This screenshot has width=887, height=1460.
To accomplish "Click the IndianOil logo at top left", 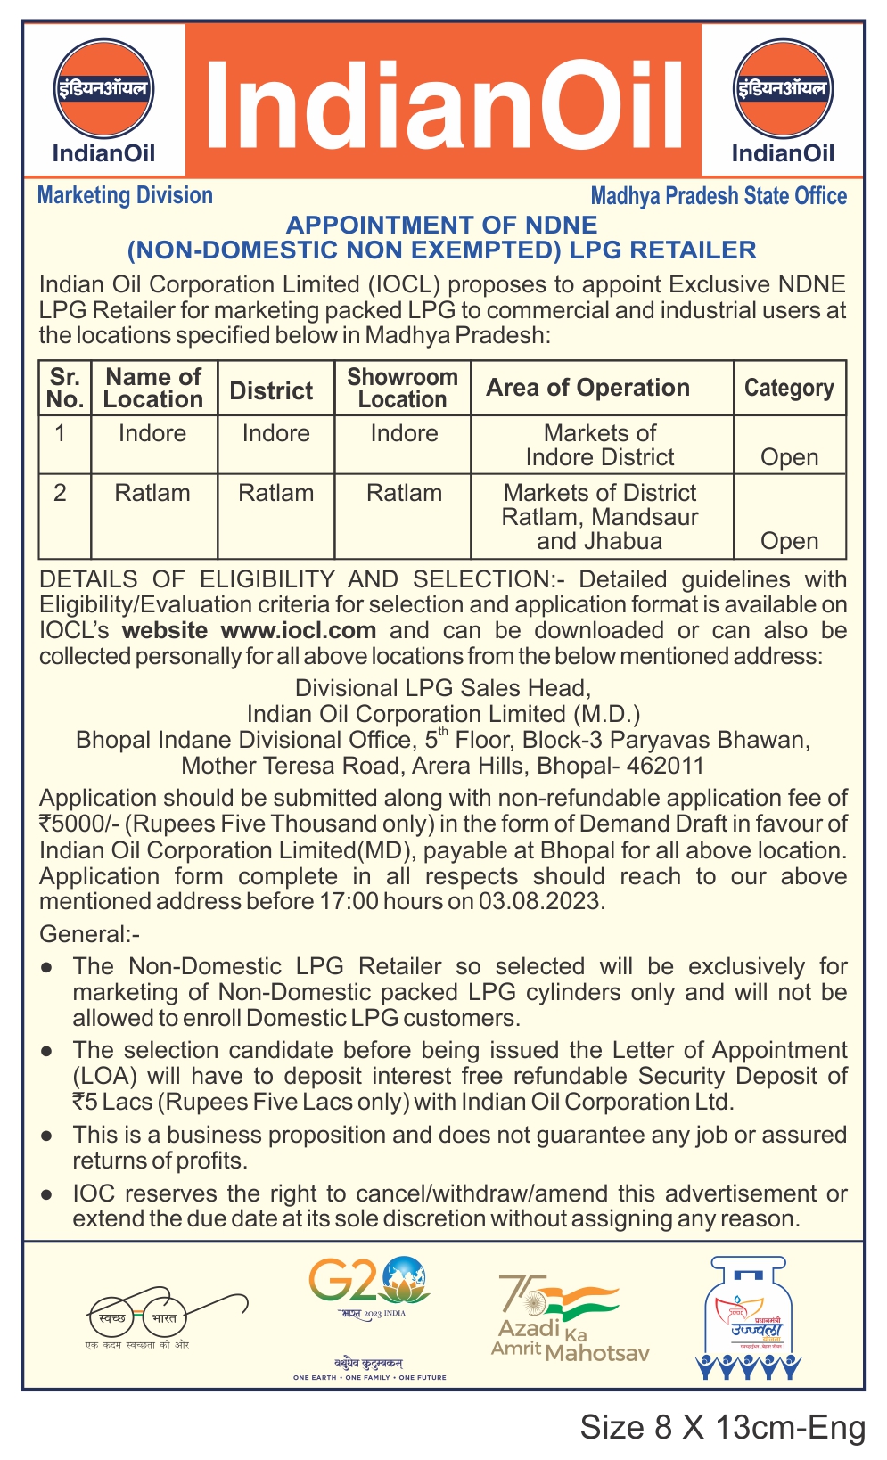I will point(103,100).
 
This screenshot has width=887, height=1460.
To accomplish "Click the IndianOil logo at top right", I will point(783,100).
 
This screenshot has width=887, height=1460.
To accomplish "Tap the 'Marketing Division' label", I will point(125,195).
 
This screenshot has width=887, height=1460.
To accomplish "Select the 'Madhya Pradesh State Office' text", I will point(719,196).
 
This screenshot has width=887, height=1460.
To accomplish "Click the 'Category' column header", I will point(789,388).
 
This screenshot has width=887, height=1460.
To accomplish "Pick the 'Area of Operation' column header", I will point(587,388).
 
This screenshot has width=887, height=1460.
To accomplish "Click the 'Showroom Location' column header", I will point(402,388).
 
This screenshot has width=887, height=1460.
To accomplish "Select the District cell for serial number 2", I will point(275,493).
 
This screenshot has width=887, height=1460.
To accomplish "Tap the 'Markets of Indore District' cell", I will point(600,445).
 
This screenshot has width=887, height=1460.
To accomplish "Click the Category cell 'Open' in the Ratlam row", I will point(789,541).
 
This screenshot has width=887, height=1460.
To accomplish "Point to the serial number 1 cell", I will point(61,434).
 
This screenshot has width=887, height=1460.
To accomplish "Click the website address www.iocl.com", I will point(298,630).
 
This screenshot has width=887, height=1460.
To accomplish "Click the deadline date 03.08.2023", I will point(540,901).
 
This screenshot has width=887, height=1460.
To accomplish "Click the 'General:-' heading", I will point(89,934).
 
